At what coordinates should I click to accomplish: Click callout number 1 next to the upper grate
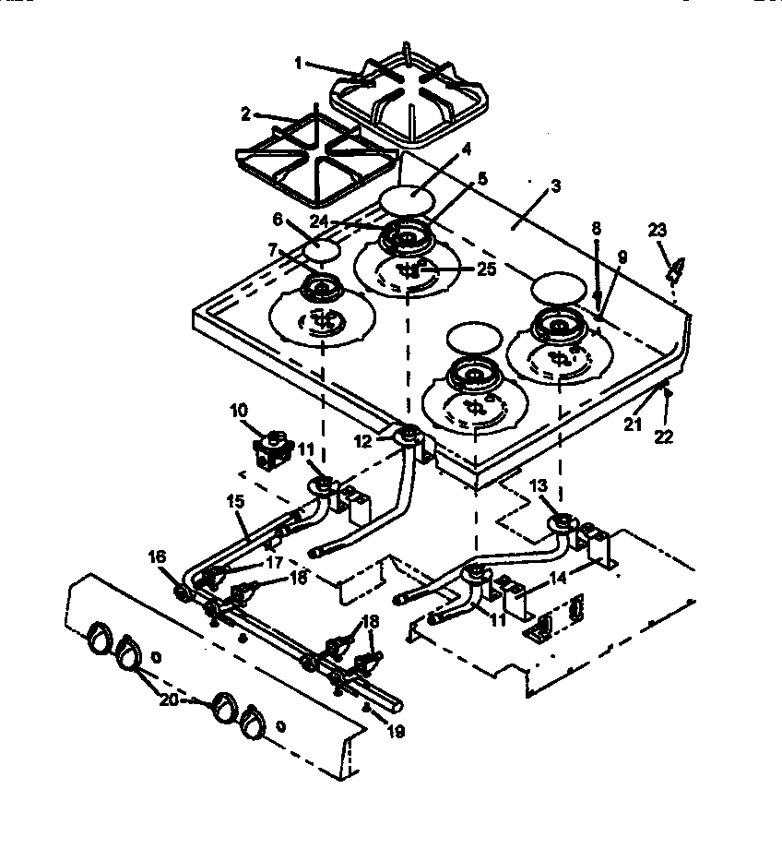[x=298, y=64]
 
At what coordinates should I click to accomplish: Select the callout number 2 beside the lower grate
[x=245, y=115]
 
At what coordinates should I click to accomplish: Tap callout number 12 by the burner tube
[x=364, y=441]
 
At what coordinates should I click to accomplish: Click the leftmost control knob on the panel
[x=98, y=638]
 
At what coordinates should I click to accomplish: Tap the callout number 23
[x=660, y=230]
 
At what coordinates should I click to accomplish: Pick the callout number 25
[x=487, y=269]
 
